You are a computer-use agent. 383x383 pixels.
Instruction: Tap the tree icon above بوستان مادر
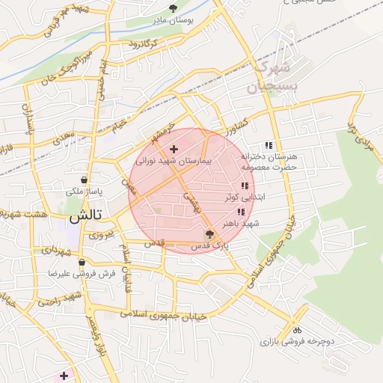pos(174,9)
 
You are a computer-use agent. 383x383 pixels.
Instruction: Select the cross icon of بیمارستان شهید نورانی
pos(174,150)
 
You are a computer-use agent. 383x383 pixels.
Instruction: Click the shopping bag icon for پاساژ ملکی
pos(83,180)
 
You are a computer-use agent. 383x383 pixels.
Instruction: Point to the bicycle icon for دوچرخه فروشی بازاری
pos(297,329)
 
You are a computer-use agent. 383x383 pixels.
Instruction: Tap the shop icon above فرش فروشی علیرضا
pos(82,263)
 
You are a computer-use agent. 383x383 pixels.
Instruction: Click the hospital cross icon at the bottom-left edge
pos(64,376)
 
